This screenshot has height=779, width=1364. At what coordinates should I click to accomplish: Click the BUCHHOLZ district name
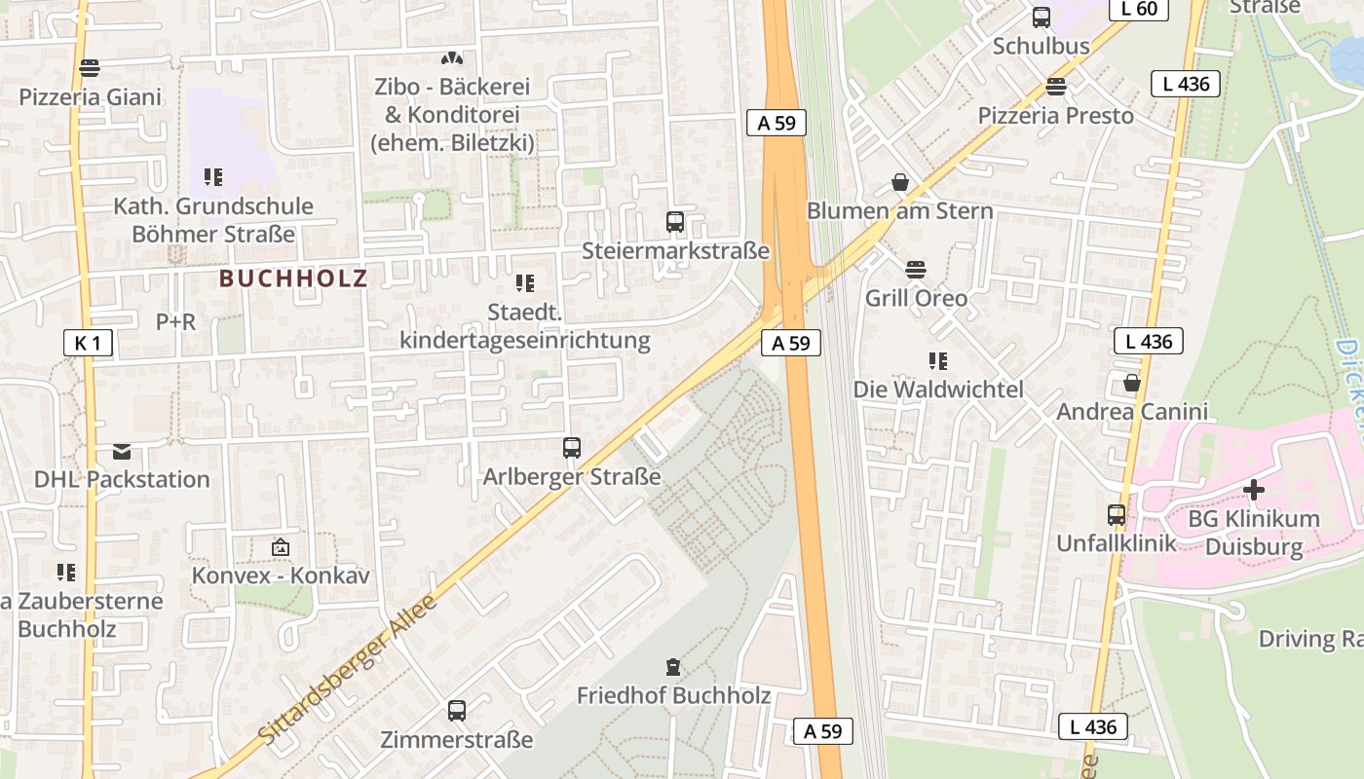click(293, 278)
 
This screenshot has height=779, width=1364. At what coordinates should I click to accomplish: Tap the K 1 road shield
click(87, 343)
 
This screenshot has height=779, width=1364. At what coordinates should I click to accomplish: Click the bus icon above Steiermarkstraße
click(675, 221)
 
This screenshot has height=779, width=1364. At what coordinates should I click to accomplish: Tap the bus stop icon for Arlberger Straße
click(572, 448)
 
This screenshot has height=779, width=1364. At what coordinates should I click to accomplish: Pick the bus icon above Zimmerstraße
click(457, 711)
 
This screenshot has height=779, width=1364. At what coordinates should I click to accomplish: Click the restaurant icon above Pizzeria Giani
click(90, 68)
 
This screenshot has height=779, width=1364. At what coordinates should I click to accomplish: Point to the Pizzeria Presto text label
click(1056, 116)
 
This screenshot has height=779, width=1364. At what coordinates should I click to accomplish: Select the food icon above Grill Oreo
click(915, 269)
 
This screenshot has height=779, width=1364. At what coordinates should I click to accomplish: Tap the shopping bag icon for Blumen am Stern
click(900, 182)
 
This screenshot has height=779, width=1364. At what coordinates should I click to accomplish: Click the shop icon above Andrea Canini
click(1131, 383)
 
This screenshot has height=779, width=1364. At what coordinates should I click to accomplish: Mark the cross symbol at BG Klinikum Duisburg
click(1253, 489)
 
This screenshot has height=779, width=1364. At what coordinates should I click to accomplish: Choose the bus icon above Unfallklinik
click(1117, 514)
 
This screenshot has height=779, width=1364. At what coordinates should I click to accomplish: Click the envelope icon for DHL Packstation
click(122, 451)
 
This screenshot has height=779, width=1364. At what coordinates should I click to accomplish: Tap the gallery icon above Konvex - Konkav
click(281, 547)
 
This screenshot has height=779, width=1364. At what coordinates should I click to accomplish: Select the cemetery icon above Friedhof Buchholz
click(672, 667)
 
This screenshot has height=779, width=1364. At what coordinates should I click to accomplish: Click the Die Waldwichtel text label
click(938, 389)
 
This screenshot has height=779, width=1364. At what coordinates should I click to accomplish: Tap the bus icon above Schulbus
click(1041, 18)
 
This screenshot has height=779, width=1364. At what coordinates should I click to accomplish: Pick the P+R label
click(175, 321)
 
